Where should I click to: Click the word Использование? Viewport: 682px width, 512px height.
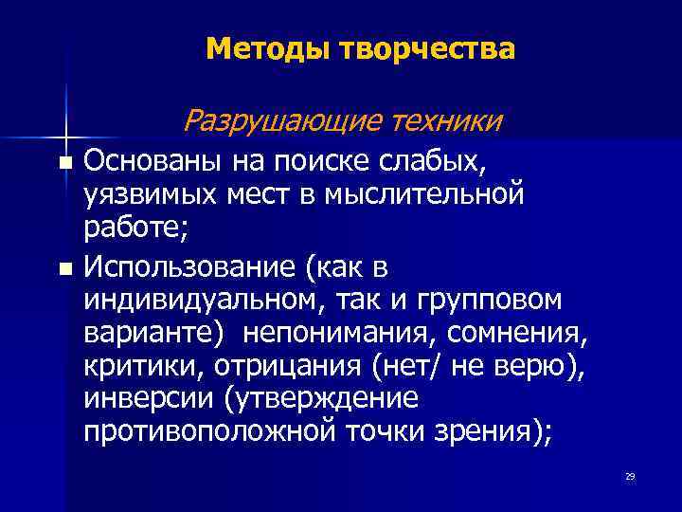coord(188,267)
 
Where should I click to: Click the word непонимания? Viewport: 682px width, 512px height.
coord(339,333)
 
